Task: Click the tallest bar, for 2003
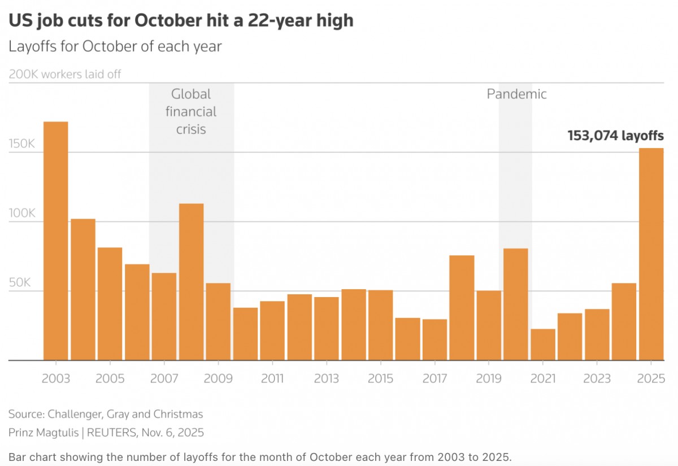click(x=56, y=241)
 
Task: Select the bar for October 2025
click(x=651, y=254)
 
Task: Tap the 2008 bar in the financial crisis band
click(x=191, y=282)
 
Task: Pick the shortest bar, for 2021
click(x=543, y=345)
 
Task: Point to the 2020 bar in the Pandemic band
click(x=516, y=304)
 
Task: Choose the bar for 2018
click(x=462, y=308)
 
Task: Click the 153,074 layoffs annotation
click(x=615, y=136)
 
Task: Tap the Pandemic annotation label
click(x=516, y=94)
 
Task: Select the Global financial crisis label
click(x=191, y=111)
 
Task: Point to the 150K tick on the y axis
click(x=22, y=144)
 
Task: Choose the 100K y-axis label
click(x=22, y=214)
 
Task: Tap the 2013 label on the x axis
click(x=327, y=378)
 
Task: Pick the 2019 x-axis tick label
click(x=489, y=378)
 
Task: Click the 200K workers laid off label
click(x=65, y=74)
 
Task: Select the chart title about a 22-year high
click(x=181, y=21)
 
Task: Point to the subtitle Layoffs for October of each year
click(x=115, y=46)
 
